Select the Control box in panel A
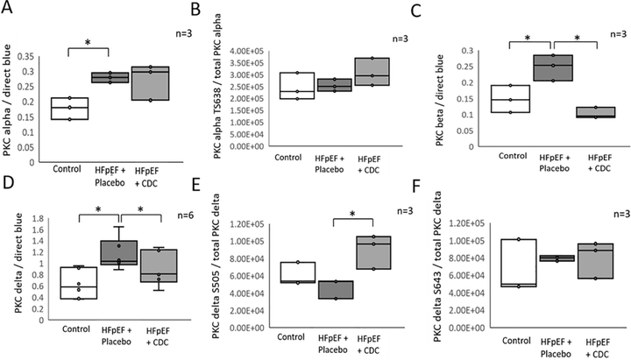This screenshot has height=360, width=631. pyautogui.click(x=68, y=108)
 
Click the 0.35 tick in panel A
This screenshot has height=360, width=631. pyautogui.click(x=36, y=54)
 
